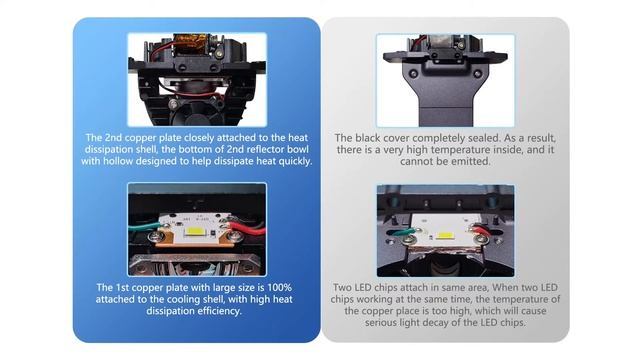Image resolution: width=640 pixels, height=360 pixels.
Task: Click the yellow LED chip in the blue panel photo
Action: coord(195,232)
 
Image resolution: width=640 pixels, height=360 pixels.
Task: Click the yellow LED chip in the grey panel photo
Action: coord(444,236)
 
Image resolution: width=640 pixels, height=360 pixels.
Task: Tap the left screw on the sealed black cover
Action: coord(413,74)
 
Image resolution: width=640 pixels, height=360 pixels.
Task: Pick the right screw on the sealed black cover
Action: coord(477,74)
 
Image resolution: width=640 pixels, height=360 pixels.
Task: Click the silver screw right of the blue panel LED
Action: coord(234,236)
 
